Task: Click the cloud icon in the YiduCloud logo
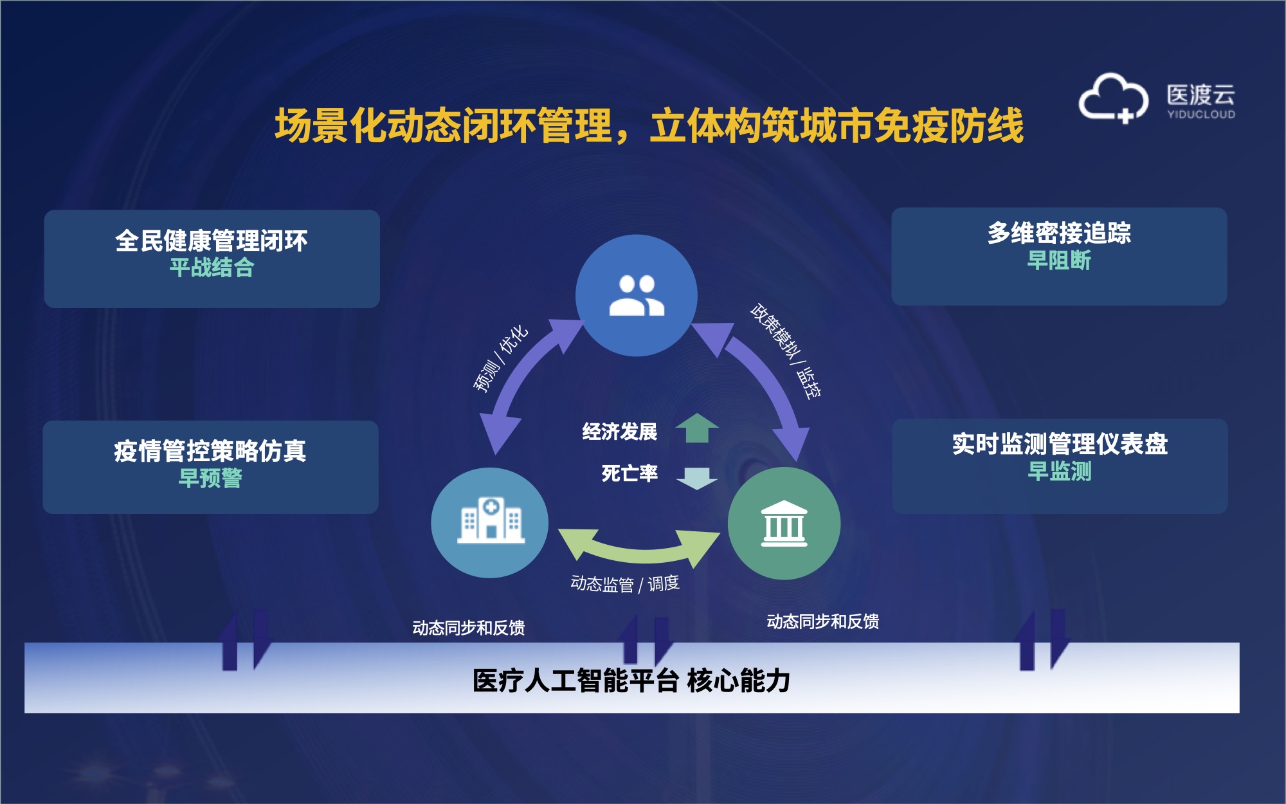coord(1113,98)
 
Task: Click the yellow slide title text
coord(649,125)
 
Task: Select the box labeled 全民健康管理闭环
coord(212,259)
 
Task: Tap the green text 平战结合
coord(212,267)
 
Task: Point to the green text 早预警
coord(210,478)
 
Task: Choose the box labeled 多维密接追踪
coord(1059,256)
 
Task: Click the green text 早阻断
coord(1059,260)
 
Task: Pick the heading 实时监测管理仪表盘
coord(1060,444)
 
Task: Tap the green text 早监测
coord(1060,471)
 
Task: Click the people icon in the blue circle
coord(637,295)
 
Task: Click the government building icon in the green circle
coord(784,524)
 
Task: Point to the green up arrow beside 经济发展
coord(697,428)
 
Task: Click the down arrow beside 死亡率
coord(697,478)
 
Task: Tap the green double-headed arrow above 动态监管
coord(639,547)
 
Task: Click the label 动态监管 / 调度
coord(625,584)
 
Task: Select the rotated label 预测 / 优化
coord(501,358)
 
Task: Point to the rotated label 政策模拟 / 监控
coord(786,351)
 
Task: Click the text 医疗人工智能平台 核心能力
coord(631,681)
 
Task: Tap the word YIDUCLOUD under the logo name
coord(1201,114)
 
